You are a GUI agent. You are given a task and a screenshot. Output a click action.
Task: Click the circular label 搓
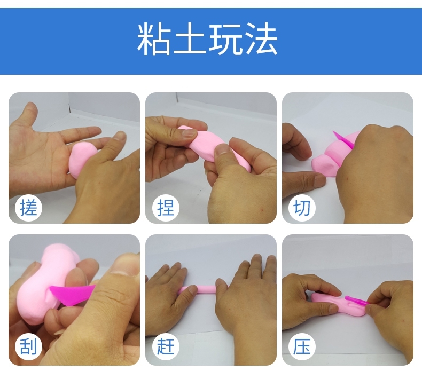tap(28, 208)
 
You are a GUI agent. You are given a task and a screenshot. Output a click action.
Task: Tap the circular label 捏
tap(166, 208)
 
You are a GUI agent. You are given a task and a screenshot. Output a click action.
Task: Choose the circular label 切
tap(302, 208)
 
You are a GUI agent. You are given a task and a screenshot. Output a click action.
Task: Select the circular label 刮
tap(28, 346)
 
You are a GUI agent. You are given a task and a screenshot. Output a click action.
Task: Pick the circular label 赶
tap(166, 346)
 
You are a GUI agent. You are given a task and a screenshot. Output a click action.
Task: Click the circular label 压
tap(302, 346)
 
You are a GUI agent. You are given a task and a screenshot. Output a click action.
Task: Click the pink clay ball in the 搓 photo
tap(82, 159)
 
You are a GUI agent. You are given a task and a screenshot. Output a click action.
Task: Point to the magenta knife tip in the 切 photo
tap(334, 132)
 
